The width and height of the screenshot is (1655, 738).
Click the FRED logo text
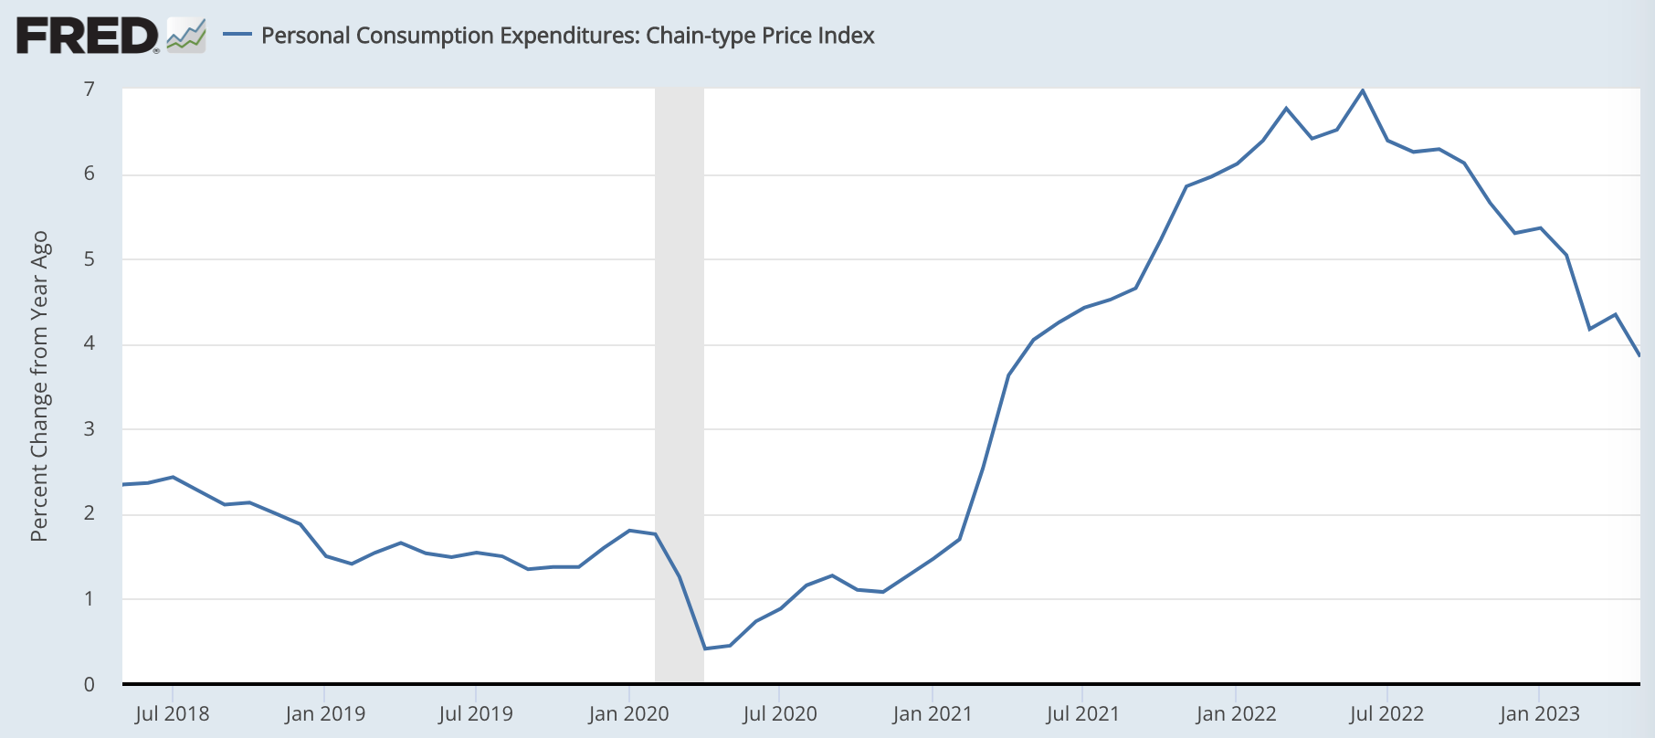87,36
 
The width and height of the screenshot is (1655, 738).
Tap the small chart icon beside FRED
186,36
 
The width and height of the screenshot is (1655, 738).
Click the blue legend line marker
237,35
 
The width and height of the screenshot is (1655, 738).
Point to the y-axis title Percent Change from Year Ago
38,386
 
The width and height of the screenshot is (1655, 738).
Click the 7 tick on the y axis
90,89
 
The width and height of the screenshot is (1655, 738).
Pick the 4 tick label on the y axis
90,343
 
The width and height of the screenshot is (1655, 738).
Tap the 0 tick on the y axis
90,684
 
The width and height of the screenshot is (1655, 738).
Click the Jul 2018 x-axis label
172,714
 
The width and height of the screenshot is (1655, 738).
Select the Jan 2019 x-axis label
324,714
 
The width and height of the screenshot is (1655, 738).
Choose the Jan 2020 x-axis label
628,714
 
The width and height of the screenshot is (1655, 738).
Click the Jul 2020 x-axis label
780,714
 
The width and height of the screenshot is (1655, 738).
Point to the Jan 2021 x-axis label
932,714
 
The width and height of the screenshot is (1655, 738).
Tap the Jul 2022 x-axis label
1386,714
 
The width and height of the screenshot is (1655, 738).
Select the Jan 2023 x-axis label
1539,714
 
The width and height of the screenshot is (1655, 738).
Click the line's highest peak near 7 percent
1363,90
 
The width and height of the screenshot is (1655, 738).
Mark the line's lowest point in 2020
705,648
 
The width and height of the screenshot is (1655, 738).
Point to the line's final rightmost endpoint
1639,355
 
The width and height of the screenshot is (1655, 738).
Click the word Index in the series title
847,36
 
